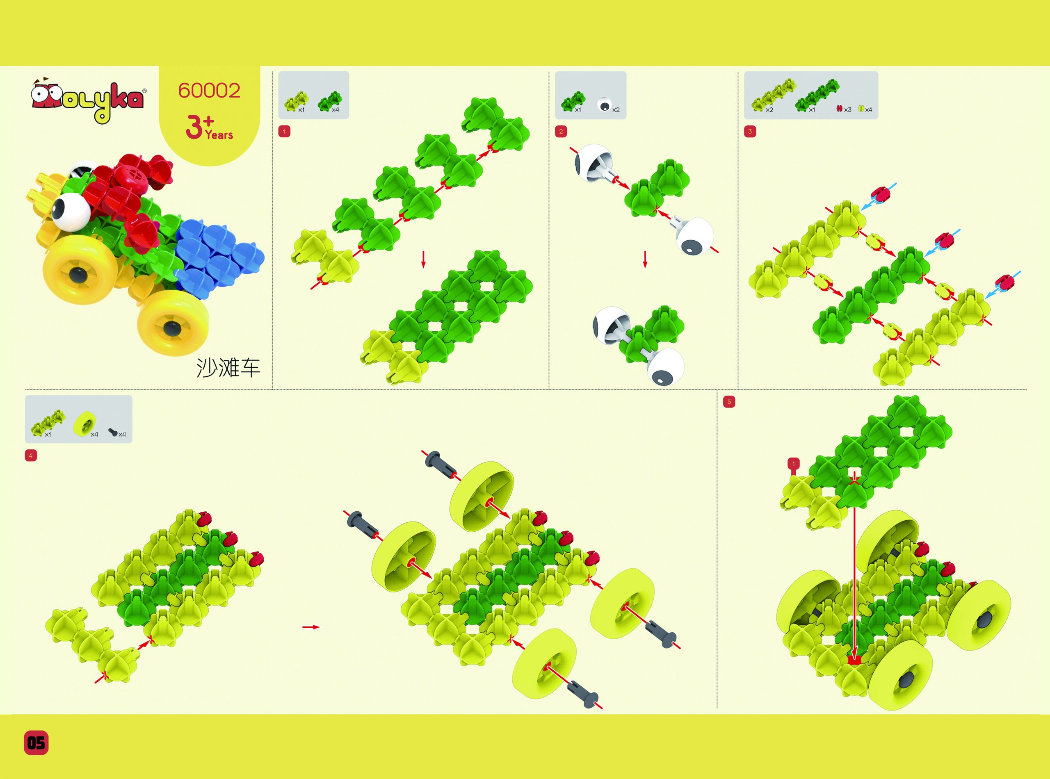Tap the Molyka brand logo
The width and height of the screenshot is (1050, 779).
(88, 100)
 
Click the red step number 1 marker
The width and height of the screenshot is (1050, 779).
(284, 132)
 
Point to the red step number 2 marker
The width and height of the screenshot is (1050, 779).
(561, 132)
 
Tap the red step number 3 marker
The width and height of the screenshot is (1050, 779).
(750, 132)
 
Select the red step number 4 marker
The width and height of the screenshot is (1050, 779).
(31, 456)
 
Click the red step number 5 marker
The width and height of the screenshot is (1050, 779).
(729, 402)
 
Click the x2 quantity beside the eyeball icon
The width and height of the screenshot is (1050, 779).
(616, 110)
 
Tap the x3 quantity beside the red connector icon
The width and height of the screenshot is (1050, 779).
(848, 110)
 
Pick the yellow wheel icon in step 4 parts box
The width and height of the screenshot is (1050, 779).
(85, 423)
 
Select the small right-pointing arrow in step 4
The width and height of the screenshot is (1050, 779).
(311, 627)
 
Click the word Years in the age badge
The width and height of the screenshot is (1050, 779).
(219, 135)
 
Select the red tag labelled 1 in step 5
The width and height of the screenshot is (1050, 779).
(793, 464)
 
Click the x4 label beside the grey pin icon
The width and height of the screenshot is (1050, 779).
(122, 434)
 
